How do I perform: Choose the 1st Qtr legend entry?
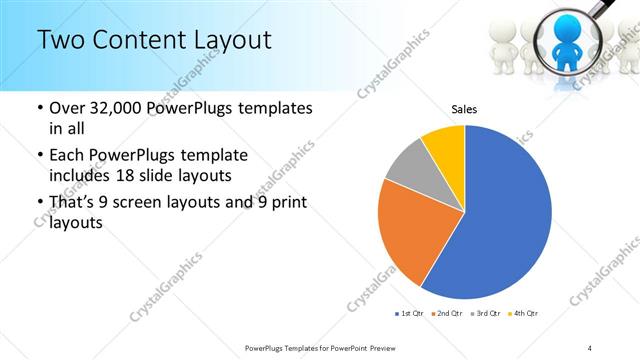point(409,314)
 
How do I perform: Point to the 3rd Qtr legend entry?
point(487,314)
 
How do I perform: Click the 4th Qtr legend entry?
point(525,314)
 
